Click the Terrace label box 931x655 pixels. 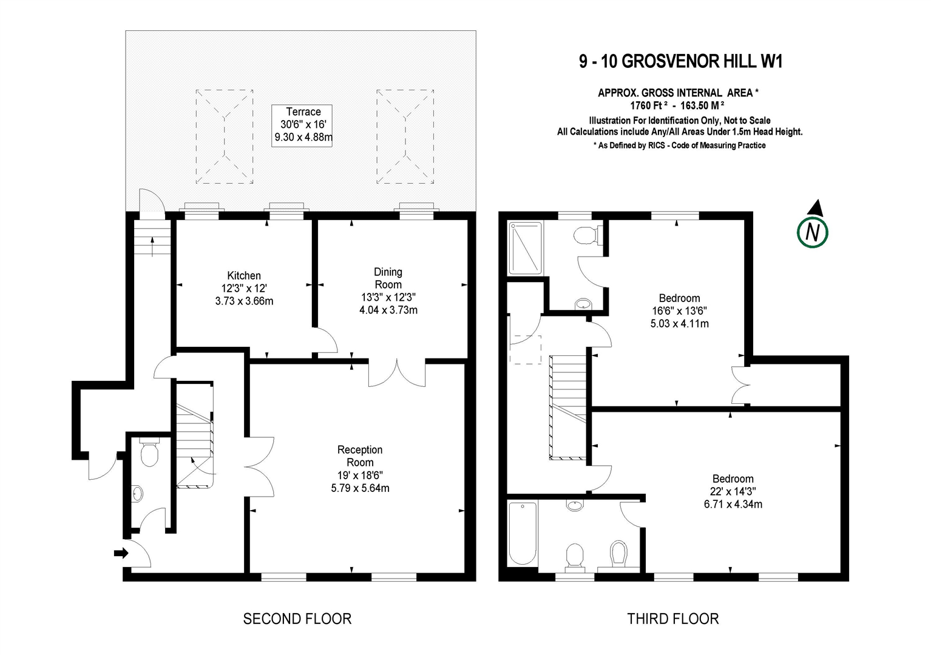(x=303, y=125)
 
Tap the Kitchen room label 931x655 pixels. (x=244, y=276)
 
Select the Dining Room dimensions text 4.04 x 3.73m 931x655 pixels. (x=388, y=310)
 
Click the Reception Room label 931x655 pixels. (x=360, y=455)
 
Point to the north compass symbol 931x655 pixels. (x=812, y=229)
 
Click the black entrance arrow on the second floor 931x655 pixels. (x=121, y=553)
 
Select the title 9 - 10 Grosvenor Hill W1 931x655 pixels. (x=680, y=61)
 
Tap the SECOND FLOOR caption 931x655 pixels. (x=297, y=619)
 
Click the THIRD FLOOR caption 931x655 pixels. (x=672, y=619)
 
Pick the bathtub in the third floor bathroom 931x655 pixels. (x=522, y=533)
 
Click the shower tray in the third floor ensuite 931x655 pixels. (x=526, y=248)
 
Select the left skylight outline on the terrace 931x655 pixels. (x=225, y=136)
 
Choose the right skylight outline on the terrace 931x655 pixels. (x=405, y=136)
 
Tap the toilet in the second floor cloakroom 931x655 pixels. (x=148, y=452)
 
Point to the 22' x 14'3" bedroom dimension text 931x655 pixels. (x=733, y=491)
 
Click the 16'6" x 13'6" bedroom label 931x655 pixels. (x=679, y=311)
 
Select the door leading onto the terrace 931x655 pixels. (x=151, y=203)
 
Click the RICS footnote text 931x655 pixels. (x=679, y=146)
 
